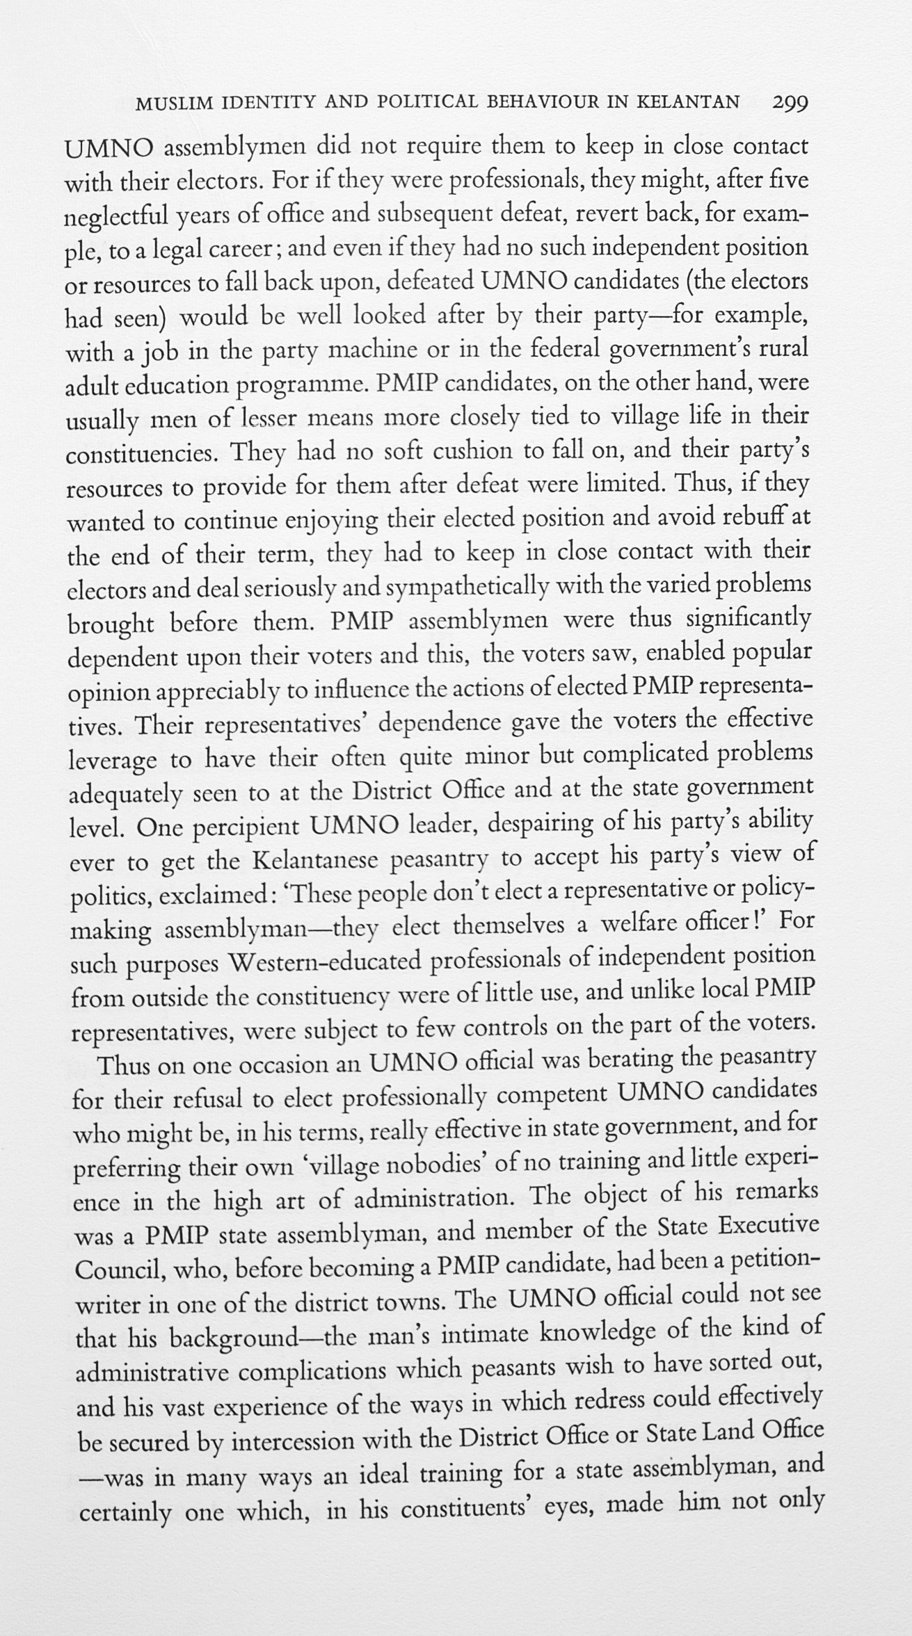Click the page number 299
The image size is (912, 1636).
[790, 103]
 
